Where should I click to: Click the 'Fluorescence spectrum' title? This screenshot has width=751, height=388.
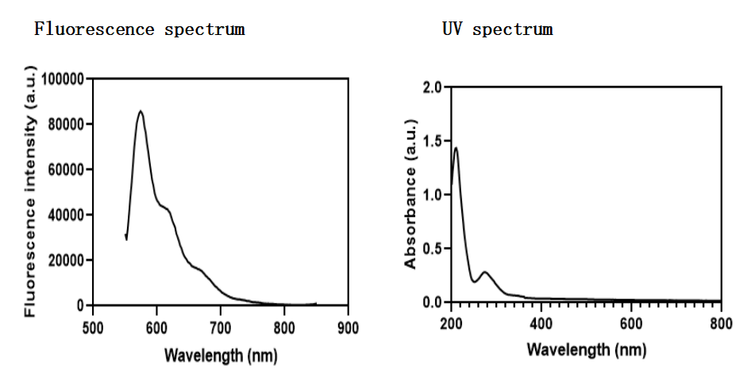[139, 30]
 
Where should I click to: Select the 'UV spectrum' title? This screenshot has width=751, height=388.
[497, 30]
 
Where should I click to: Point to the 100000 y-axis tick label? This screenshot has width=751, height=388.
[62, 79]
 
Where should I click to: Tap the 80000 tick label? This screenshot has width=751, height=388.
[66, 124]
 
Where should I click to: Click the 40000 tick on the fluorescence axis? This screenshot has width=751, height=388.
[66, 215]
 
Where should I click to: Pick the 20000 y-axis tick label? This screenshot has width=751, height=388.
[66, 260]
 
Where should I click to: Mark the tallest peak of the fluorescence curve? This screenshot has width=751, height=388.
[141, 111]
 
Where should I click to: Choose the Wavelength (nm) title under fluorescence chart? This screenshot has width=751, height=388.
[221, 355]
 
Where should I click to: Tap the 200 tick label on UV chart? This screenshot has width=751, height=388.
[451, 324]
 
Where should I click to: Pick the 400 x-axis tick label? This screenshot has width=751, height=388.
[541, 324]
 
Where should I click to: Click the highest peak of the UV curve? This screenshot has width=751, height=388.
[456, 147]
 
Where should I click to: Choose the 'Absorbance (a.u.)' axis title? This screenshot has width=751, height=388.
[410, 194]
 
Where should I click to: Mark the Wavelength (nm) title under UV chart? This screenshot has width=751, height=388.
[586, 350]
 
